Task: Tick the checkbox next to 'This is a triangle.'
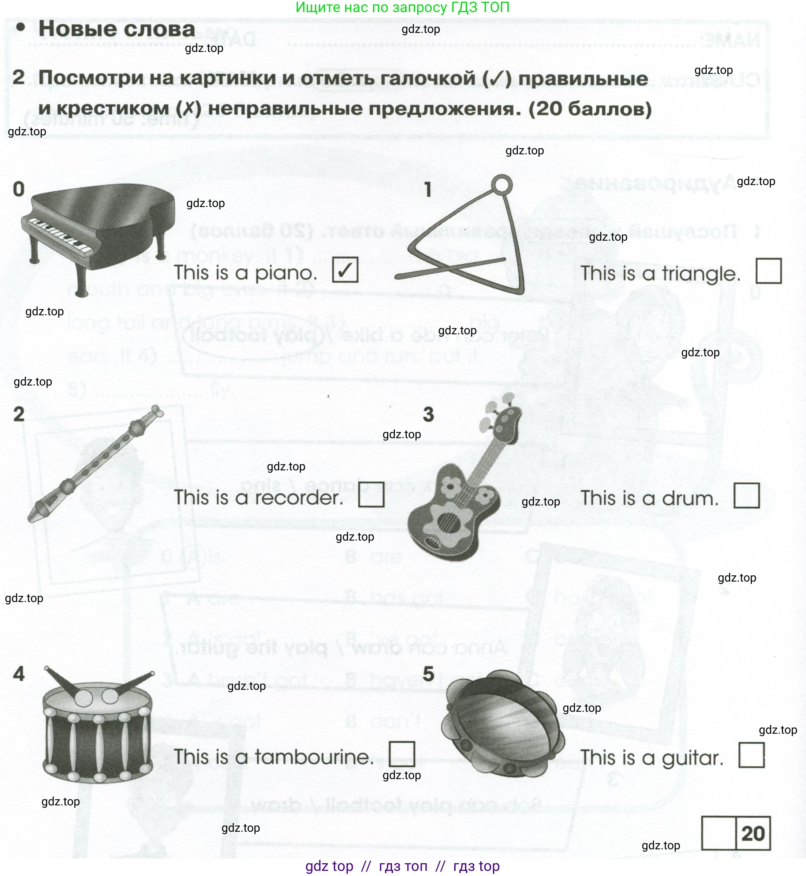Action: (769, 271)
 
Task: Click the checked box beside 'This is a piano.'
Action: (345, 270)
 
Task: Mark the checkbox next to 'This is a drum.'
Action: (747, 496)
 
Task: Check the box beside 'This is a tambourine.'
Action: (402, 754)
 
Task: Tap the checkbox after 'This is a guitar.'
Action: (751, 755)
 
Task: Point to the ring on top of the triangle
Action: (502, 184)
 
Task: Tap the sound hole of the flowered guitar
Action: (447, 521)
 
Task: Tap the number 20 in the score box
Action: (753, 834)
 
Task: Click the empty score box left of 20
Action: (719, 833)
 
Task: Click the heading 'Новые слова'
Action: (117, 29)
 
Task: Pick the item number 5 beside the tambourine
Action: (428, 674)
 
